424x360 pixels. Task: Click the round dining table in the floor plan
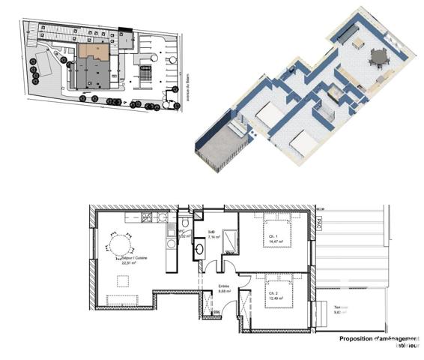click(119, 246)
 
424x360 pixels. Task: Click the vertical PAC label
click(318, 223)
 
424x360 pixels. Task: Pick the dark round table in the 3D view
click(378, 55)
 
